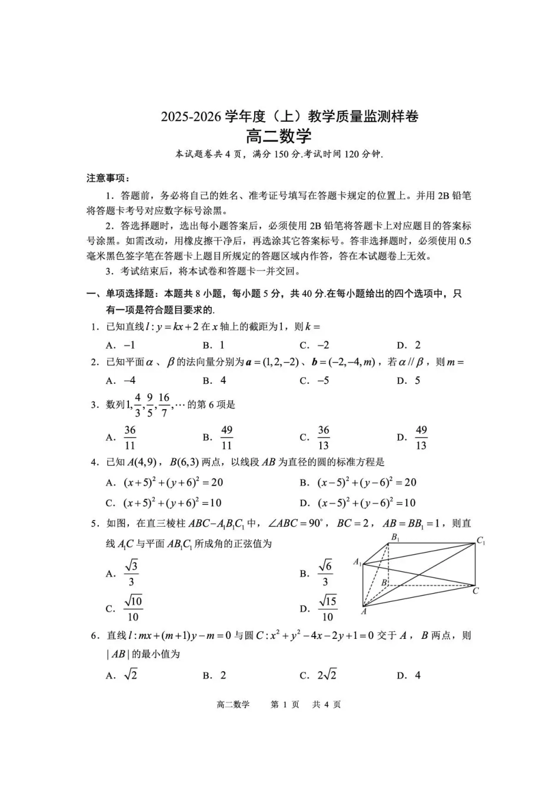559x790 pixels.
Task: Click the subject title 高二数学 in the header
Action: [x=278, y=136]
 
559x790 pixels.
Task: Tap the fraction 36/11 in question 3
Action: [x=130, y=437]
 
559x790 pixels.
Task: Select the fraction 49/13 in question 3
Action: [x=421, y=437]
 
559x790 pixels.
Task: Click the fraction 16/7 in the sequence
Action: [x=164, y=405]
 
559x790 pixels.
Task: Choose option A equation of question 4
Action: [x=173, y=483]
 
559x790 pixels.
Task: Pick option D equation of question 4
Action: [x=367, y=503]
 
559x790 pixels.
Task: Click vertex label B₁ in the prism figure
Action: [x=395, y=537]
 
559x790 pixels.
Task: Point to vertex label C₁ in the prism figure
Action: [x=481, y=541]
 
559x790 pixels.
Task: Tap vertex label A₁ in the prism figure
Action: [x=357, y=562]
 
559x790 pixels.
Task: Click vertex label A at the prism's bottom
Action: [x=364, y=611]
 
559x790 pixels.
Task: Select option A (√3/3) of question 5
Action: [x=131, y=573]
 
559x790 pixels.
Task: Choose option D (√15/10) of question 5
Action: [x=327, y=608]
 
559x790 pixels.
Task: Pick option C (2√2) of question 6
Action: [x=327, y=675]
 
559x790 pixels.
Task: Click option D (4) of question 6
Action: [x=417, y=675]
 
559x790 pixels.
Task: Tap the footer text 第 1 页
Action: [x=285, y=704]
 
